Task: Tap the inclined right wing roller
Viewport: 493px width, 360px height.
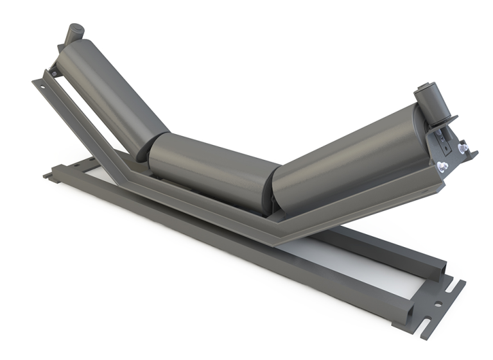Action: [347, 157]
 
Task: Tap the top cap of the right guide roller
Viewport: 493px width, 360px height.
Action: [426, 87]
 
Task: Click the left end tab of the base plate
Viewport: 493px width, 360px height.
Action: [49, 174]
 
